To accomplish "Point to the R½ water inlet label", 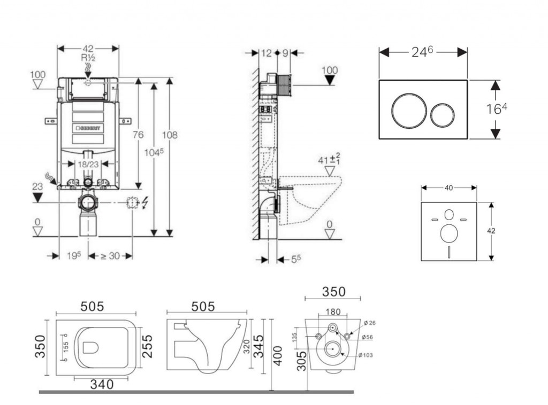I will pyautogui.click(x=88, y=58).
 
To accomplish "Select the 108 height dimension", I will pyautogui.click(x=170, y=135).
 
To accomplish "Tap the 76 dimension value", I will pyautogui.click(x=138, y=135).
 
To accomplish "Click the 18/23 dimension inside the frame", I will pyautogui.click(x=87, y=165).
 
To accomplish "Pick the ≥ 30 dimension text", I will pyautogui.click(x=110, y=256).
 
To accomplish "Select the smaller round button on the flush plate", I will pyautogui.click(x=443, y=114).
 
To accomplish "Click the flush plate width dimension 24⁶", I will pyautogui.click(x=422, y=52).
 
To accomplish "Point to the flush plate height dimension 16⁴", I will pyautogui.click(x=496, y=109).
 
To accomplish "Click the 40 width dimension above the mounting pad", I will pyautogui.click(x=448, y=188).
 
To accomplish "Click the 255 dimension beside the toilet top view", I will pyautogui.click(x=147, y=346).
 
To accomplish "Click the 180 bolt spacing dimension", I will pyautogui.click(x=333, y=311).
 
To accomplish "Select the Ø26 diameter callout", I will pyautogui.click(x=369, y=323).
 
